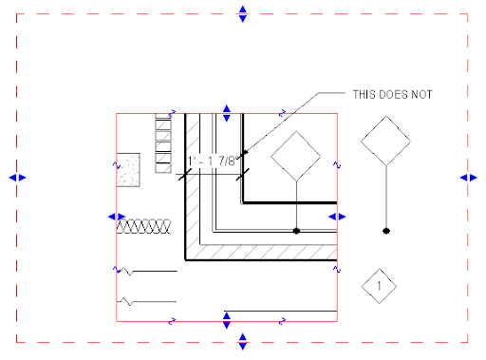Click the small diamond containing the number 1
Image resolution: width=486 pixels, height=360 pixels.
[x=379, y=286]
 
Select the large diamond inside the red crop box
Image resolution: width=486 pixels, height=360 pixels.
[x=297, y=155]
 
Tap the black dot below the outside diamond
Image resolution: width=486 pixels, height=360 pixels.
[x=385, y=231]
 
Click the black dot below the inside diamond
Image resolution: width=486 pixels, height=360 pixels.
[x=297, y=231]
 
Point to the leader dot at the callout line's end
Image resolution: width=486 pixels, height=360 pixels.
[x=245, y=152]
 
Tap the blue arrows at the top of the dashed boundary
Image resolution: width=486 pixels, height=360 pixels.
[x=243, y=13]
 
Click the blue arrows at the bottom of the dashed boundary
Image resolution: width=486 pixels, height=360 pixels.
[x=243, y=340]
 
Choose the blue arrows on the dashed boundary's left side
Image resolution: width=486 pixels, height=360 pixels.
[x=17, y=177]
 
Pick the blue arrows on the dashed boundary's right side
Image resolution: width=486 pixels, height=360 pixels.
[x=468, y=177]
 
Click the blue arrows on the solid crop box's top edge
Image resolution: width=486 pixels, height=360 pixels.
[x=227, y=114]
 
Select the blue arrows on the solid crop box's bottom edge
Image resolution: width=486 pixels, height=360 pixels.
[x=227, y=318]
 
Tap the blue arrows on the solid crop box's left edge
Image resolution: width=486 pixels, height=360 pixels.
[x=116, y=218]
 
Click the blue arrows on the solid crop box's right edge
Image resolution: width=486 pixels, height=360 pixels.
[x=337, y=218]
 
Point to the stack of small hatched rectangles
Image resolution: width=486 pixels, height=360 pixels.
[x=162, y=139]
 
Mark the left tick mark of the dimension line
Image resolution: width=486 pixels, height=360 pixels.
[x=184, y=174]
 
